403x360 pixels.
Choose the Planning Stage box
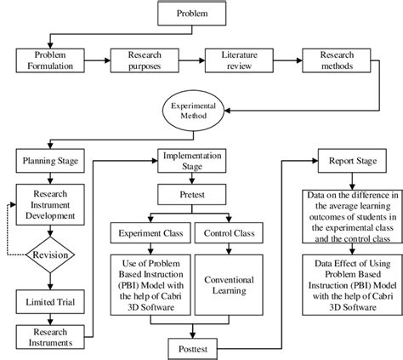coord(52,159)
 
